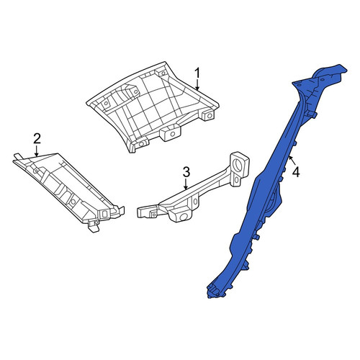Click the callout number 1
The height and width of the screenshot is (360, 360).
(x=197, y=73)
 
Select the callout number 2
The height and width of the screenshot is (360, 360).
(x=37, y=139)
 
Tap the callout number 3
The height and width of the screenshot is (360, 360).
(x=186, y=172)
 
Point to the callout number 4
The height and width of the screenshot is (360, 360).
(x=297, y=172)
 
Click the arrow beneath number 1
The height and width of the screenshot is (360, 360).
(x=197, y=85)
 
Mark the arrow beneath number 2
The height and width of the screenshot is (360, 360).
(x=37, y=150)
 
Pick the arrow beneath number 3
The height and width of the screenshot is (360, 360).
(x=186, y=184)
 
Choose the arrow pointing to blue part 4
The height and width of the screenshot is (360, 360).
(x=292, y=161)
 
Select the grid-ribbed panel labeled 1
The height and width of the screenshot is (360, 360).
(x=153, y=108)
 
